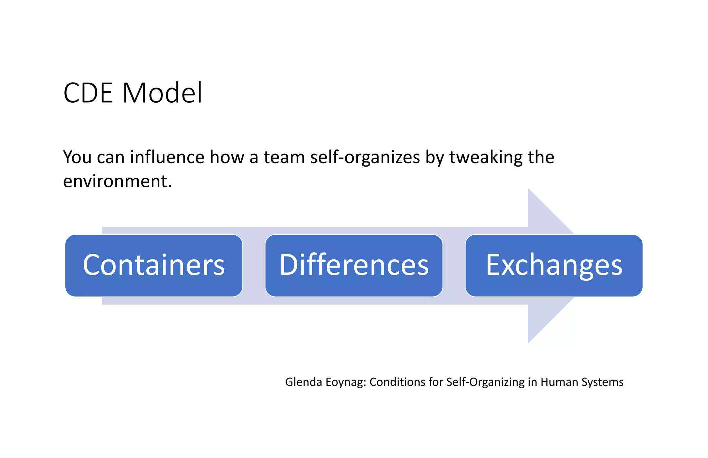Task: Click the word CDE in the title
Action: (88, 93)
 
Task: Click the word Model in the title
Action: (162, 93)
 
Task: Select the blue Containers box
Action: (154, 265)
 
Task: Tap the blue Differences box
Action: (354, 265)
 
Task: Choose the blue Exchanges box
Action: (554, 265)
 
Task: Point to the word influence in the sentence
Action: (167, 157)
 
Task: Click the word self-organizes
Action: (365, 157)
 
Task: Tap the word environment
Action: (117, 181)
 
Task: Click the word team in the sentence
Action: (284, 157)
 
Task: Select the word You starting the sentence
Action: (77, 157)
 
